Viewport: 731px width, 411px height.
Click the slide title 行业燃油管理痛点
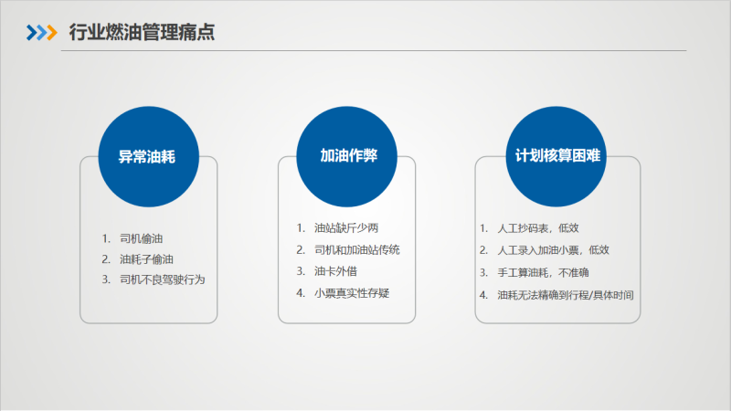point(142,32)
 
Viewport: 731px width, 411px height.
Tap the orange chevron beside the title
point(52,33)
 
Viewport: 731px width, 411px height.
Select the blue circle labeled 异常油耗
point(148,156)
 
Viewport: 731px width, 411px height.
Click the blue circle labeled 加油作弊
point(346,156)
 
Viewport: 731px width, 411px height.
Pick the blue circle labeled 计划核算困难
point(556,156)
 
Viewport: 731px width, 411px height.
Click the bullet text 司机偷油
point(142,238)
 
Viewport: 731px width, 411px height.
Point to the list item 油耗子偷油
point(146,259)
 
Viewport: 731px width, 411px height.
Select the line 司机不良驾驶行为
point(163,279)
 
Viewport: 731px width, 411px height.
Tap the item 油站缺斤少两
point(346,227)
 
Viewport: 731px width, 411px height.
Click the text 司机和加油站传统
point(357,249)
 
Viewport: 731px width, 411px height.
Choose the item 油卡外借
point(335,271)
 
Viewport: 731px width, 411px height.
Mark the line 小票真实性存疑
point(352,293)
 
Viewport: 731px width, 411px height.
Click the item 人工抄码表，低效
point(538,227)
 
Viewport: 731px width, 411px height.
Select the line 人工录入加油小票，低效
point(554,250)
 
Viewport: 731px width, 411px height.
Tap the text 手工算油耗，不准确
point(543,272)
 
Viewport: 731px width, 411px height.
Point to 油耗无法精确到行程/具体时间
point(566,295)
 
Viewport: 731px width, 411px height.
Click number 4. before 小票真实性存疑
point(301,293)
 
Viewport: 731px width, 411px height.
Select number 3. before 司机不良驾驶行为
point(106,279)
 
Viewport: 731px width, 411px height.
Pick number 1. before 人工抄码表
point(484,227)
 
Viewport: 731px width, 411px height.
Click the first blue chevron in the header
point(31,33)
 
